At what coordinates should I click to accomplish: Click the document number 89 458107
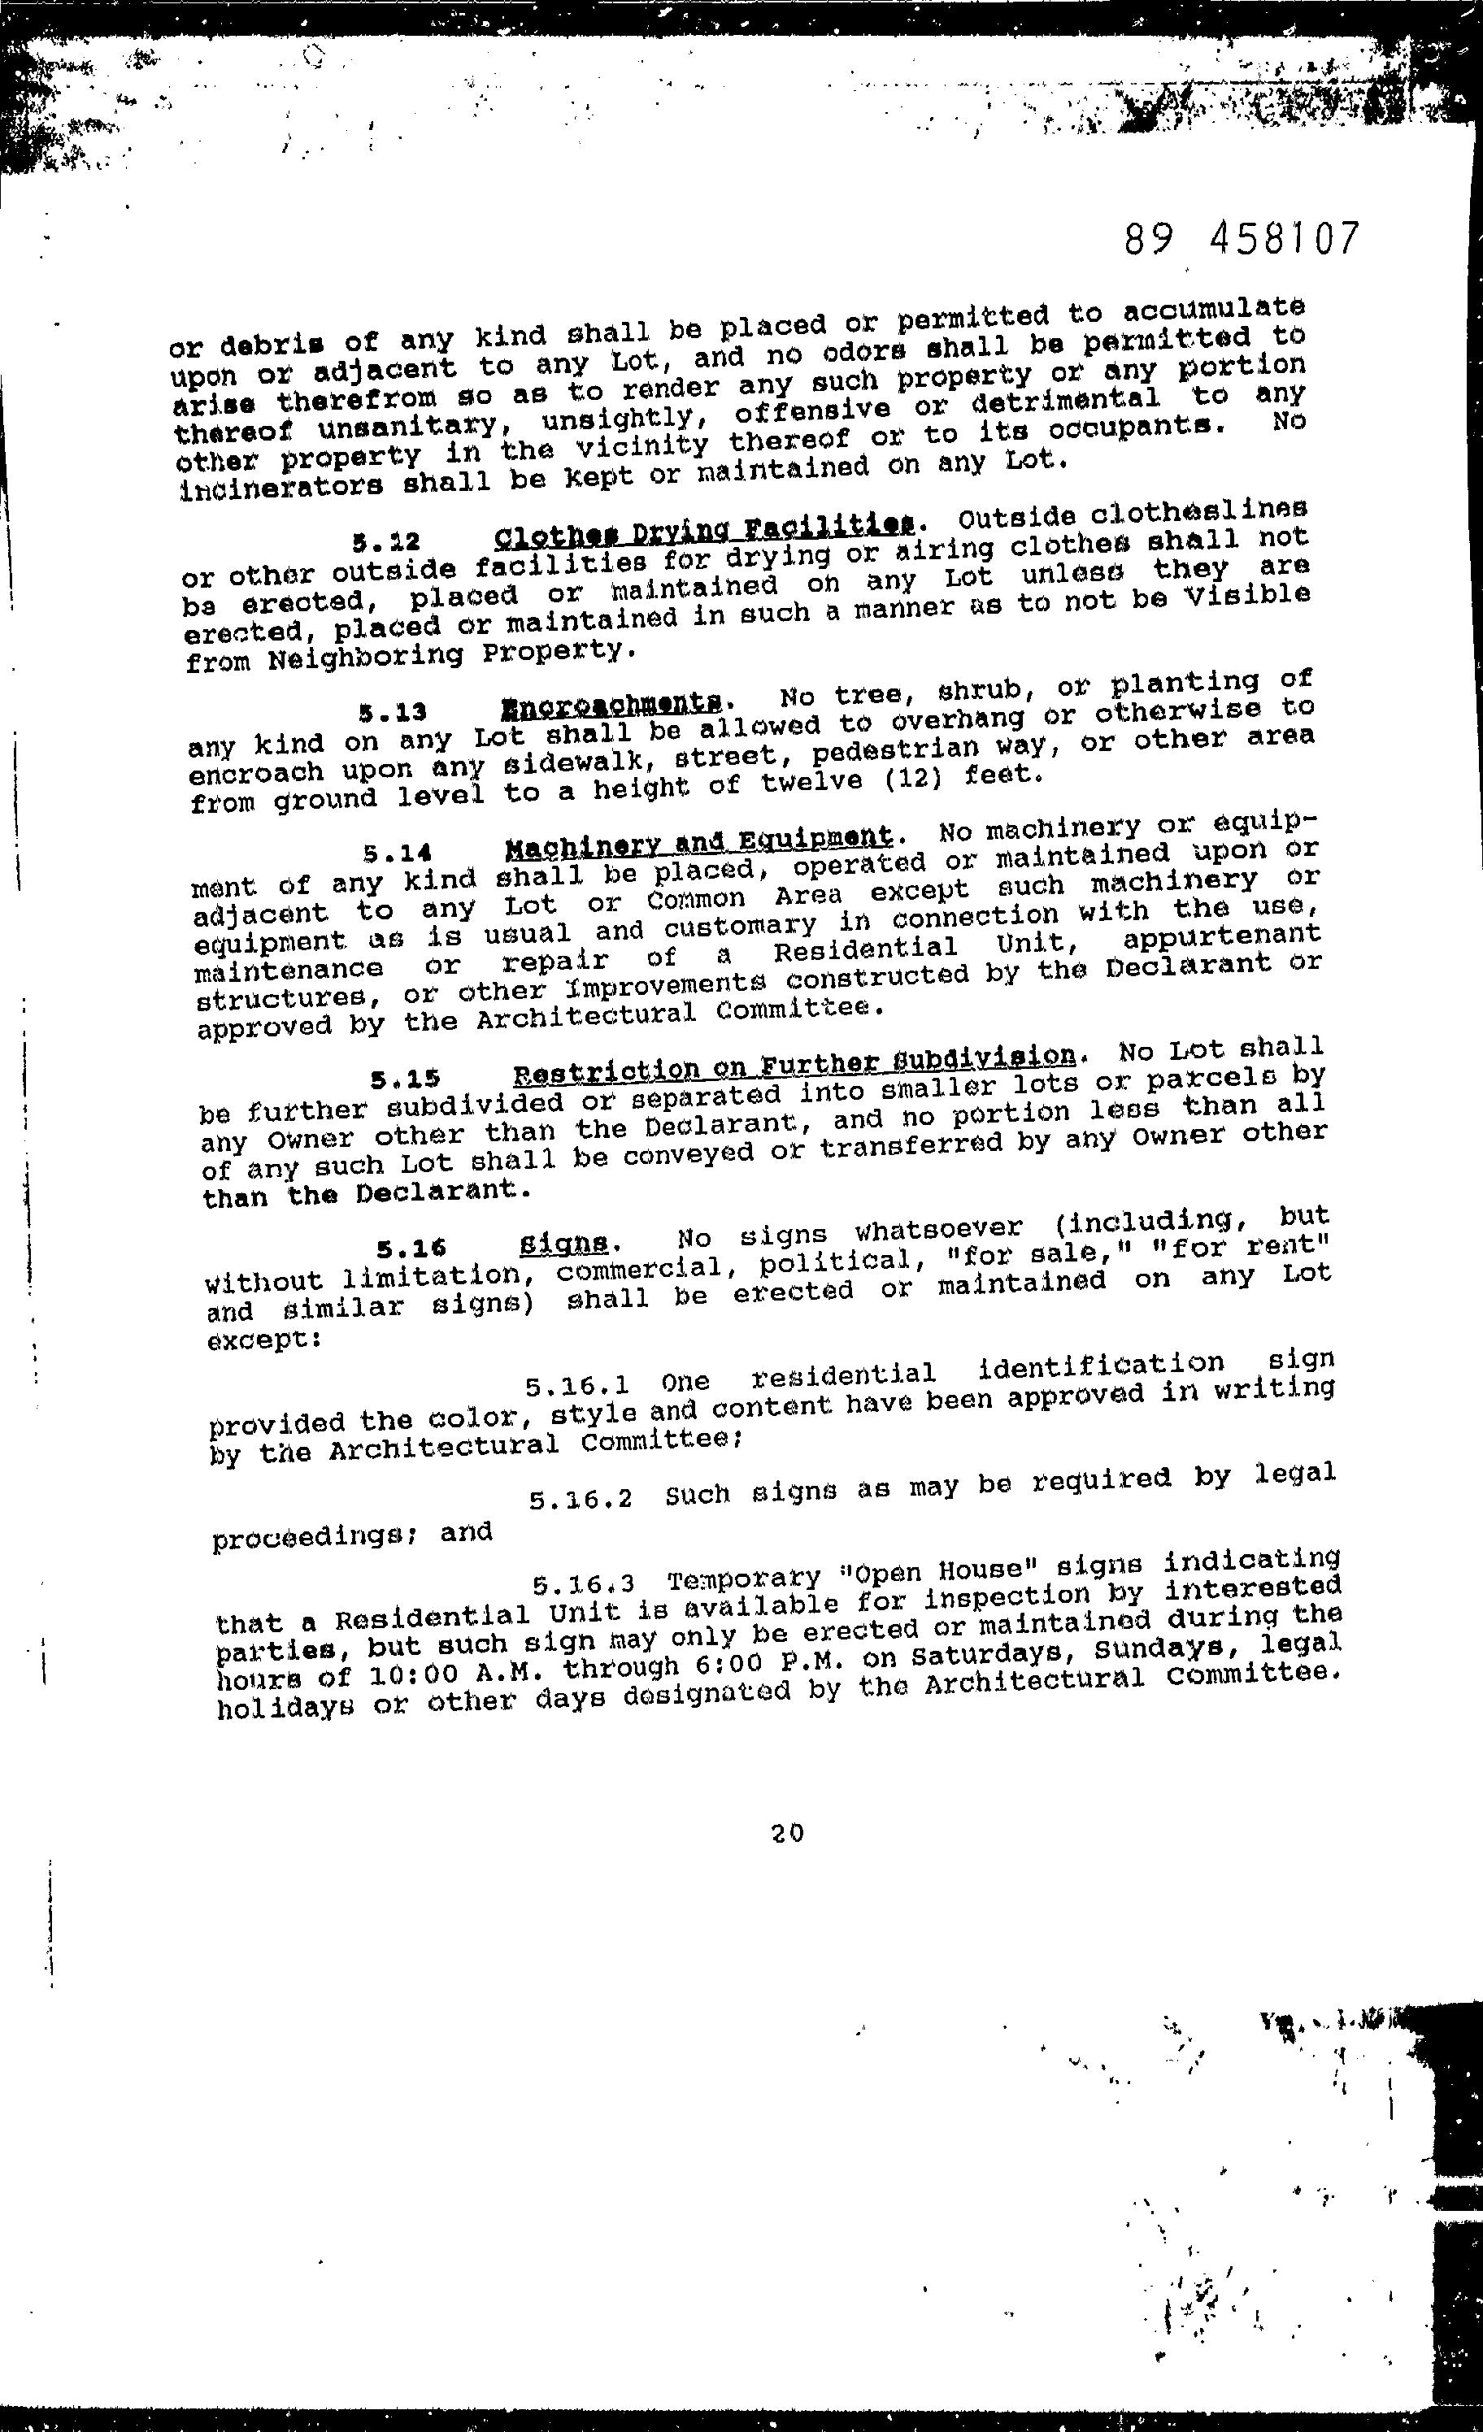click(x=1241, y=240)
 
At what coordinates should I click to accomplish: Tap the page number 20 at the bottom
click(x=787, y=1833)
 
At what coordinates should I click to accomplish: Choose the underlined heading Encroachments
click(x=612, y=704)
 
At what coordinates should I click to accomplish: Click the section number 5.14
click(x=398, y=852)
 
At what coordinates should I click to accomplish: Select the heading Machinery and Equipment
click(x=698, y=842)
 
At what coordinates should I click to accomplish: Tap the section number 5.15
click(x=406, y=1079)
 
